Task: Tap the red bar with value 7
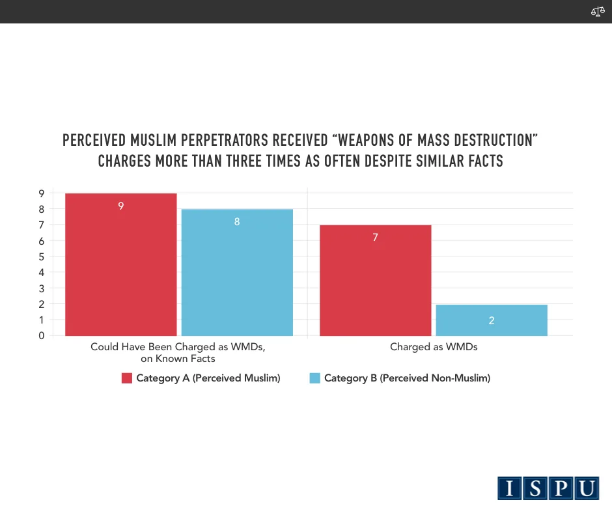(376, 280)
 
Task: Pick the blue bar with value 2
(492, 320)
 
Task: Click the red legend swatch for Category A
(127, 378)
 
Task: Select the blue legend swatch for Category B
(315, 378)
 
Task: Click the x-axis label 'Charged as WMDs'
(434, 347)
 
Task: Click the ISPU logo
(548, 488)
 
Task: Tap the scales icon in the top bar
(598, 12)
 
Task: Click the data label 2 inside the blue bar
(492, 320)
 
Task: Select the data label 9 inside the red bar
(121, 206)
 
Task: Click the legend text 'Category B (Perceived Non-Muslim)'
(407, 378)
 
